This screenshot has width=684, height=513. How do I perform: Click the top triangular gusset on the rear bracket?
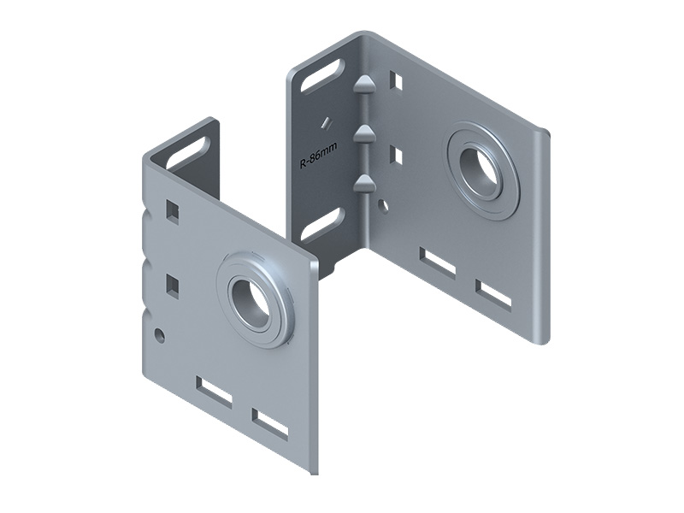363,83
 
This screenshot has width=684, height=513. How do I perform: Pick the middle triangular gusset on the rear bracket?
363,132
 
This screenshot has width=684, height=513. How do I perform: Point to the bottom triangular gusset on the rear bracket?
364,181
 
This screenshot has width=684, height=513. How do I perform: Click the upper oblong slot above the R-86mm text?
322,76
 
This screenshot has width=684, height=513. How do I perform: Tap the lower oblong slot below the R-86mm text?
322,224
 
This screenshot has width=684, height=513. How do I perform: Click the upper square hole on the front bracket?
173,210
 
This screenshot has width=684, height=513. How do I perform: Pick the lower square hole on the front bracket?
173,286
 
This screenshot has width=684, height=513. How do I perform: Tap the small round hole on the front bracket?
160,335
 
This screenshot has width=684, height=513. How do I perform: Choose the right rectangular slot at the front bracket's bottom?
270,423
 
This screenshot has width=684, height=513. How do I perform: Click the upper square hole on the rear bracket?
396,80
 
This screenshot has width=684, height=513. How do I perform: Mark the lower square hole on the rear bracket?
396,156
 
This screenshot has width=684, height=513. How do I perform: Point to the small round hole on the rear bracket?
383,205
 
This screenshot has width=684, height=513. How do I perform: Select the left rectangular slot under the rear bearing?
438,262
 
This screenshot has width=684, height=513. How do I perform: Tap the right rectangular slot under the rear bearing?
493,294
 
